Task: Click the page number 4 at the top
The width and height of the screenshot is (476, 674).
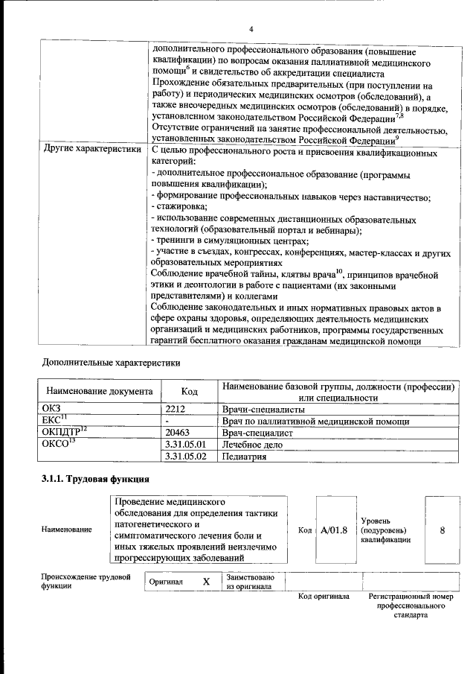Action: click(251, 28)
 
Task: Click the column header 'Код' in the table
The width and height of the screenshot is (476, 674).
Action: click(190, 391)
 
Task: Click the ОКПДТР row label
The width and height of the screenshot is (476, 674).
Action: click(61, 432)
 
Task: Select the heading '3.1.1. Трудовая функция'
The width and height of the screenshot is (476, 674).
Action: click(96, 478)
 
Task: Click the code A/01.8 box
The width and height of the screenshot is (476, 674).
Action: click(334, 530)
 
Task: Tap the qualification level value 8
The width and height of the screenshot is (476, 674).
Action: click(443, 530)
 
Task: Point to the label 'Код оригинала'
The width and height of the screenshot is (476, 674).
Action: click(324, 597)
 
